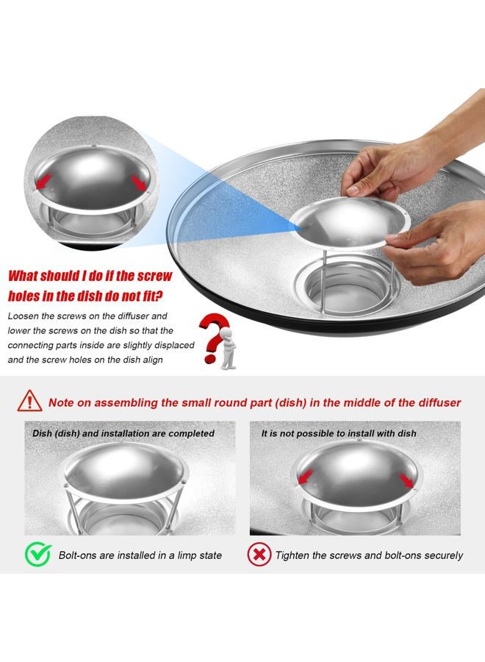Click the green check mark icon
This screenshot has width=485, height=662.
click(x=38, y=554)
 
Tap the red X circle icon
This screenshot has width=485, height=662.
click(x=259, y=555)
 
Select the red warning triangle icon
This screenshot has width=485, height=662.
click(x=29, y=400)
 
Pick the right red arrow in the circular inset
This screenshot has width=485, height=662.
click(x=139, y=183)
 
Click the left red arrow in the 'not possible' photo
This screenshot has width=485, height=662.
click(x=305, y=477)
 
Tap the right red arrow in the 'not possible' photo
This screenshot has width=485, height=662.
click(x=407, y=480)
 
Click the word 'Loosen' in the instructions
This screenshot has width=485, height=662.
click(x=23, y=316)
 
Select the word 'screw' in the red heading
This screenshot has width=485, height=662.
click(x=155, y=276)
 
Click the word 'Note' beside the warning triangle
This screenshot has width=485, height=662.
click(x=62, y=402)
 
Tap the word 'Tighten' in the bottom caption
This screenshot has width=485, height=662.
click(x=292, y=555)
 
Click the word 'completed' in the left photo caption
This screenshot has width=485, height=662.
click(x=191, y=433)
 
